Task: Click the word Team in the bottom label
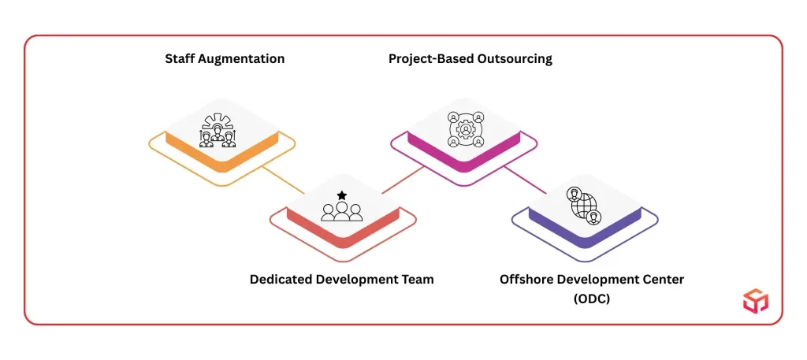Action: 418,280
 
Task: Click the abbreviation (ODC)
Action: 591,299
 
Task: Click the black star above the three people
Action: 342,195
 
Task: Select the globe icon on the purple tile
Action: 585,205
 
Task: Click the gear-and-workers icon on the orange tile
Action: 216,131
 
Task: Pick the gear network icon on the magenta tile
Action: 465,128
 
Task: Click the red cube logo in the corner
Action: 756,300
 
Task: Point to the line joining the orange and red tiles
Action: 283,180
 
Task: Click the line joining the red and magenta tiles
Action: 403,180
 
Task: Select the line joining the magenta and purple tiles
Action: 524,180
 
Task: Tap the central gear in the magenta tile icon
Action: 465,128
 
